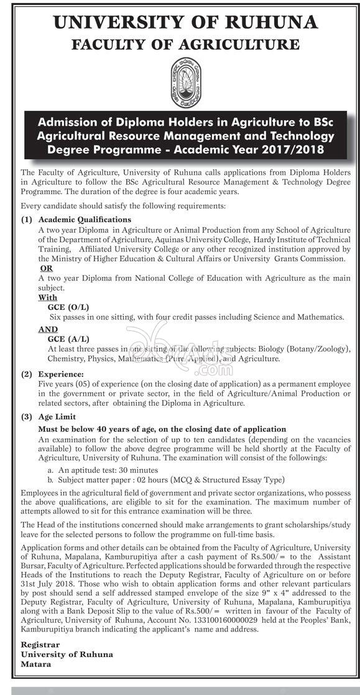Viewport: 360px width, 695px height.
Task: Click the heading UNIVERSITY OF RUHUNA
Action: (185, 23)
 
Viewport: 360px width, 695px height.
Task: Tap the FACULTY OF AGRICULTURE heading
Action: (185, 45)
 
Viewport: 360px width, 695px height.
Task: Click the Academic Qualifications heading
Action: (85, 220)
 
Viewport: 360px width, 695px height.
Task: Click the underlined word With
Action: (47, 298)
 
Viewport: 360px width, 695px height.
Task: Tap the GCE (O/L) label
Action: (68, 307)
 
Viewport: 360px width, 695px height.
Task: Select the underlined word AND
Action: (48, 329)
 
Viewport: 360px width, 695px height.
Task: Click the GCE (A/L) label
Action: (68, 339)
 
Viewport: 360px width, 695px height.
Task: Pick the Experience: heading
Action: (62, 374)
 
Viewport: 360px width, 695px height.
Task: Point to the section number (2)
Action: (27, 374)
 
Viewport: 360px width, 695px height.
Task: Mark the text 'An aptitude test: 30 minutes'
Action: (108, 470)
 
